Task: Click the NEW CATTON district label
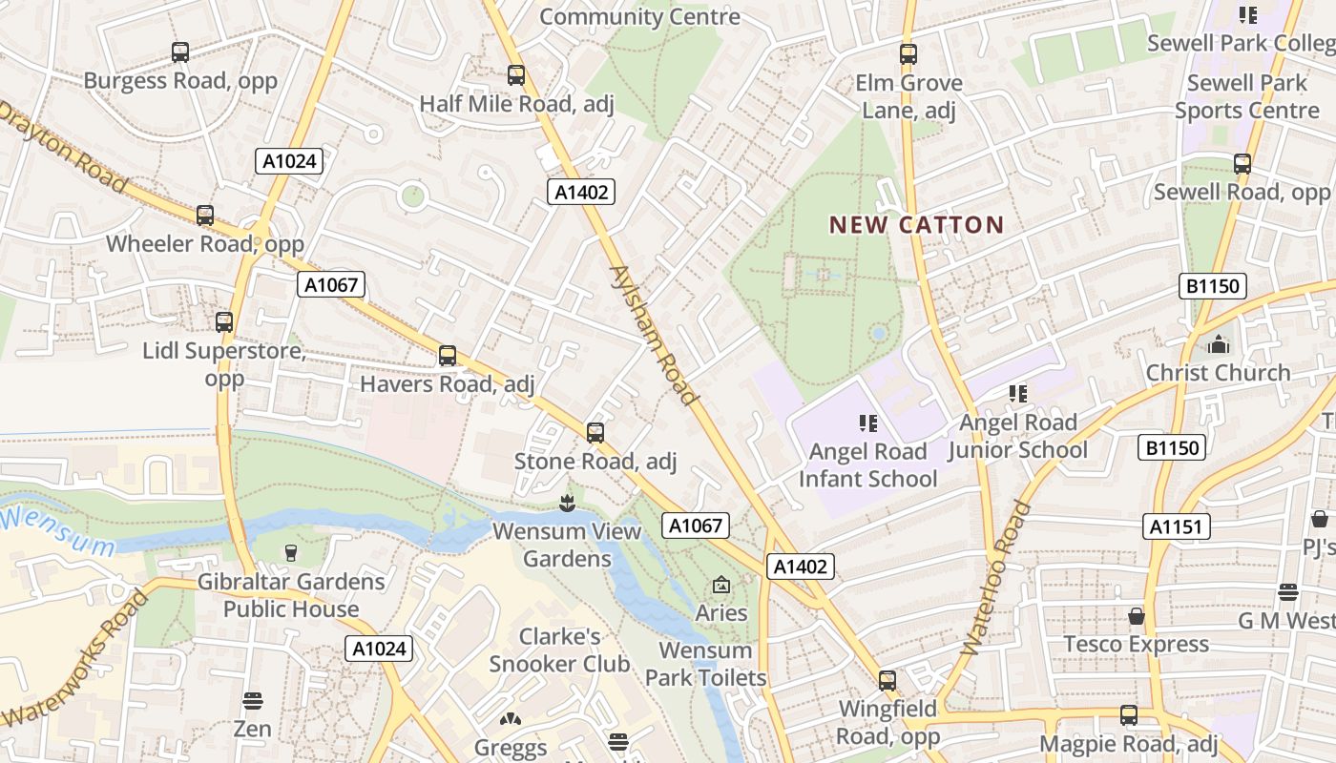916,225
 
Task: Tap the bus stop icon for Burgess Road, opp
180,52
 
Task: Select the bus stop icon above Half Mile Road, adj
516,74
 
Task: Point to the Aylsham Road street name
655,335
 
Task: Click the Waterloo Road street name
997,578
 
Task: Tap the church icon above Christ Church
1219,344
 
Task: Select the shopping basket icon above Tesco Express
1136,616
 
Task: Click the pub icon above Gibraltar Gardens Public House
291,553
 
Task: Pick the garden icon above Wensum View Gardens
567,502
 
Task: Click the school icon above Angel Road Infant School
867,423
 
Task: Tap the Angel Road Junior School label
1017,436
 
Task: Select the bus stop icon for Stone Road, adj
595,433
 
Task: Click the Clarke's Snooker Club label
559,650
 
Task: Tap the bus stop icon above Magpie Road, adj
1129,715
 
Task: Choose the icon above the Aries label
720,585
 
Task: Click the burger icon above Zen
252,701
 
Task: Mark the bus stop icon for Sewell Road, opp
1242,164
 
